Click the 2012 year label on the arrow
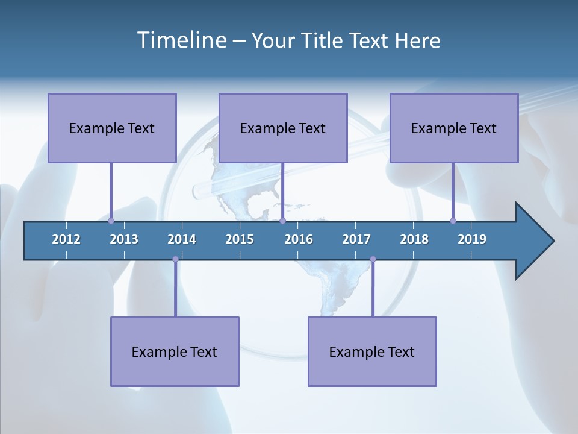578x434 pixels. (x=66, y=239)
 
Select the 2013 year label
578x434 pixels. (x=124, y=239)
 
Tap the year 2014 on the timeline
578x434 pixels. (x=182, y=239)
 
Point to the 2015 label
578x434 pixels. (x=240, y=239)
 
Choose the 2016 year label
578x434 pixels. (x=299, y=239)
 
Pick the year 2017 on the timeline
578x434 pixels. (x=356, y=239)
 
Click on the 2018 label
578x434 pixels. (x=414, y=239)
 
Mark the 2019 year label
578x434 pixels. (x=472, y=239)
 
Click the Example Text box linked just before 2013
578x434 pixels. (x=112, y=128)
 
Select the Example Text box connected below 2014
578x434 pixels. (x=175, y=351)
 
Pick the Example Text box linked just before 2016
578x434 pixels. (x=283, y=128)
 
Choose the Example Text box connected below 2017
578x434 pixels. (x=372, y=351)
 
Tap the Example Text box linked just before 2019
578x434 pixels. (x=454, y=128)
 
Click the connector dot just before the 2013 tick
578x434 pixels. (x=111, y=221)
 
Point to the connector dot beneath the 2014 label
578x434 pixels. (x=175, y=259)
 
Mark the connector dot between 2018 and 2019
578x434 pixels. (x=453, y=221)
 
